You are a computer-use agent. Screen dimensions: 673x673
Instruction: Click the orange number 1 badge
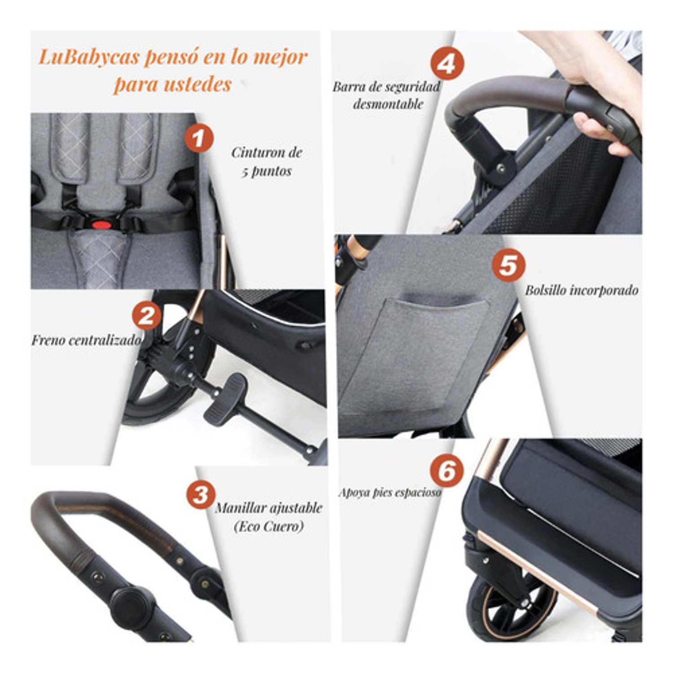pyautogui.click(x=199, y=138)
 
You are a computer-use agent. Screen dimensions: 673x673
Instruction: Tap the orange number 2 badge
pyautogui.click(x=146, y=316)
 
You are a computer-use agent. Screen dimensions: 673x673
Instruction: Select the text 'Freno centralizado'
pyautogui.click(x=86, y=340)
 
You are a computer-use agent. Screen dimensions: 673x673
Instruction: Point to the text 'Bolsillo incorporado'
pyautogui.click(x=581, y=290)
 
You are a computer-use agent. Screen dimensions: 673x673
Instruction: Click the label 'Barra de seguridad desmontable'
pyautogui.click(x=386, y=95)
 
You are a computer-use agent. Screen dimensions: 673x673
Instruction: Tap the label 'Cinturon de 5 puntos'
pyautogui.click(x=267, y=162)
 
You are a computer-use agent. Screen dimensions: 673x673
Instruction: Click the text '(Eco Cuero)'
pyautogui.click(x=268, y=526)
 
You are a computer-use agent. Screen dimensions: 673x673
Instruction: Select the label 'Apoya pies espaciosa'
pyautogui.click(x=389, y=492)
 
